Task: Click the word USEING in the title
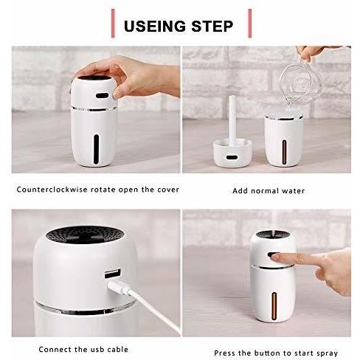(x=155, y=26)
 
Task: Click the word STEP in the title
(x=212, y=26)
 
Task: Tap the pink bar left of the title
(x=113, y=24)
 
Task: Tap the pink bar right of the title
(x=250, y=24)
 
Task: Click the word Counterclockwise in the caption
(x=52, y=190)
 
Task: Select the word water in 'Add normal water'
(x=294, y=191)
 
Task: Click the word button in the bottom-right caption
(x=267, y=353)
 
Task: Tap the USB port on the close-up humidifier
(x=113, y=274)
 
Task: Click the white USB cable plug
(x=118, y=288)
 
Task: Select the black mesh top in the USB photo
(x=85, y=235)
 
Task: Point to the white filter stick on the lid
(x=232, y=120)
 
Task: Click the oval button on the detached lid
(x=232, y=157)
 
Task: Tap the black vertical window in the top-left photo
(x=96, y=149)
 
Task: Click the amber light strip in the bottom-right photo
(x=274, y=306)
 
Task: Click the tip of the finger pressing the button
(x=272, y=257)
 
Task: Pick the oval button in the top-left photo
(x=102, y=95)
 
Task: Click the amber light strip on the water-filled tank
(x=284, y=152)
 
